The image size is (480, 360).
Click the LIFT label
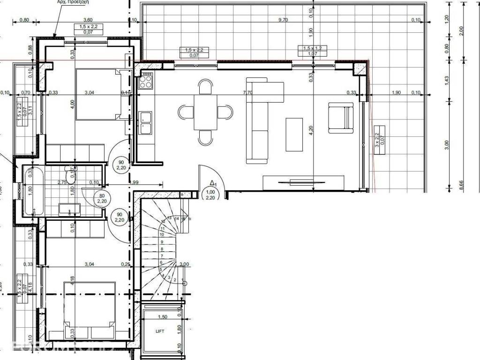(x=160, y=331)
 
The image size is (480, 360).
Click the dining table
(x=206, y=112)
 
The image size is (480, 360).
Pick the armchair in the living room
(x=340, y=117)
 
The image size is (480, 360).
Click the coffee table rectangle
(x=294, y=135)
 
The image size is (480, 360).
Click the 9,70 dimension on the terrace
(x=283, y=20)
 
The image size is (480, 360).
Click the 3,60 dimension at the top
(x=87, y=20)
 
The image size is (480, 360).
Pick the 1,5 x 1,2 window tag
(x=312, y=51)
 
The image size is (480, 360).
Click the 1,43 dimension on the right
(x=447, y=80)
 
